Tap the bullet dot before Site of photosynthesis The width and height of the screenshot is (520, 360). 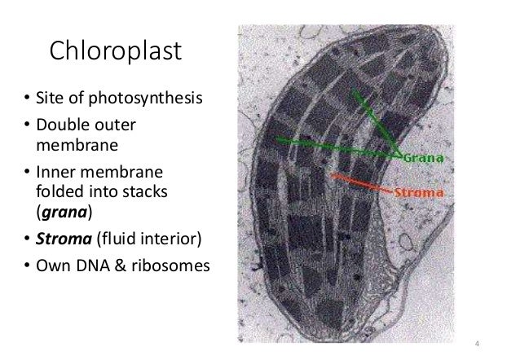pyautogui.click(x=26, y=101)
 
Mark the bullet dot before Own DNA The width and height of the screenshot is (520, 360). pyautogui.click(x=26, y=265)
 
